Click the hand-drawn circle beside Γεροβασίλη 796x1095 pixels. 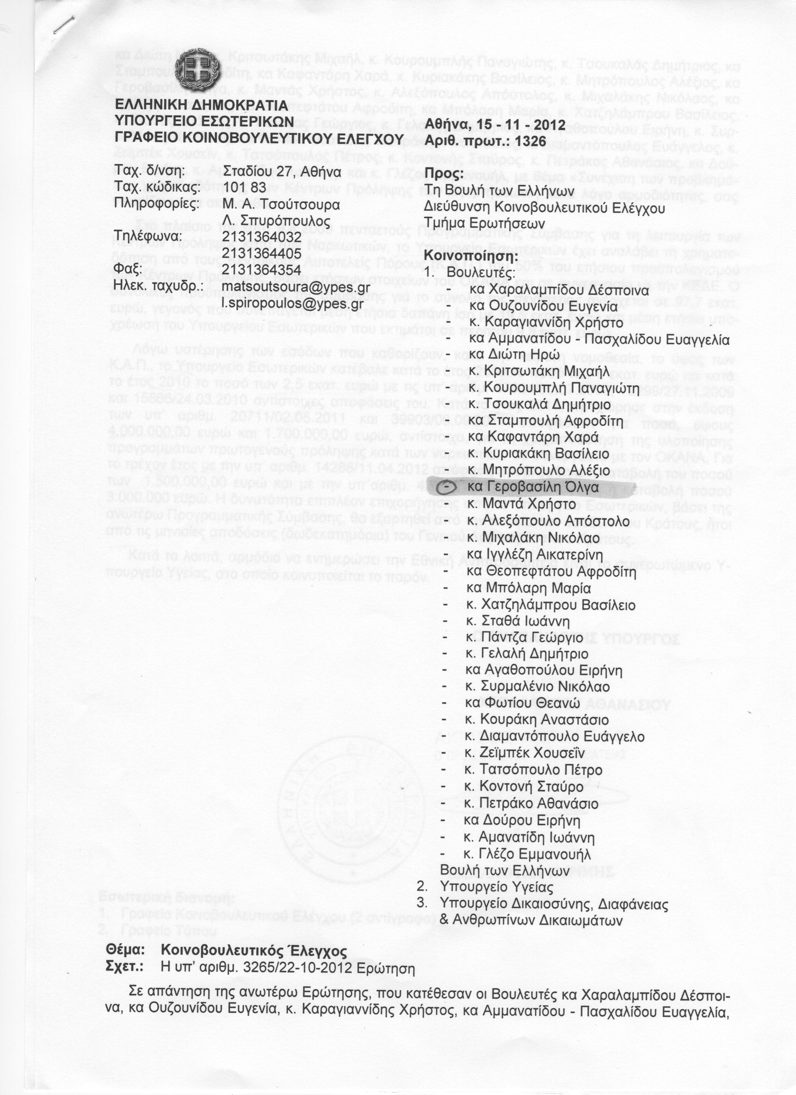point(448,488)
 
